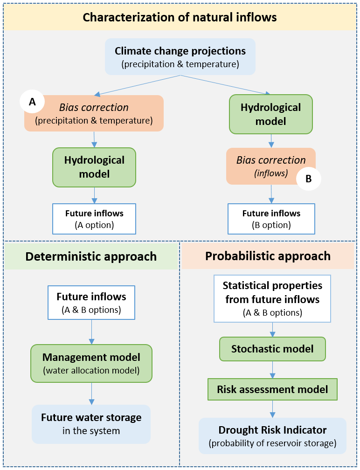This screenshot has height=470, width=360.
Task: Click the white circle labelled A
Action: click(32, 103)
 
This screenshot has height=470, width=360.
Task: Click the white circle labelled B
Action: click(309, 178)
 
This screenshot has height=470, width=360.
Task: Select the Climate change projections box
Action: click(180, 56)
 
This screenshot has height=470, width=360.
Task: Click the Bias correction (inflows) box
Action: click(266, 166)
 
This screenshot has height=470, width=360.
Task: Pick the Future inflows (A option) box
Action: click(94, 219)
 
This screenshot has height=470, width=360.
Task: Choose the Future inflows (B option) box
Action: click(271, 219)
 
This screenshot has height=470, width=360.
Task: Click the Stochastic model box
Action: click(272, 349)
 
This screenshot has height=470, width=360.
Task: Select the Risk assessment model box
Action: click(272, 389)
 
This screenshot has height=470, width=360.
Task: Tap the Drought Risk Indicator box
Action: click(272, 435)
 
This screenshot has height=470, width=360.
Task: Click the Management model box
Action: click(91, 363)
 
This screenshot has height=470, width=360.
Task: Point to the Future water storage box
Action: click(91, 424)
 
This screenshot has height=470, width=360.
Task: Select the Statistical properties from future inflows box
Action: click(272, 298)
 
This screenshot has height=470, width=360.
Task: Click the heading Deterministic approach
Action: click(91, 256)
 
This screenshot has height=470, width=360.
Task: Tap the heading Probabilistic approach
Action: click(268, 256)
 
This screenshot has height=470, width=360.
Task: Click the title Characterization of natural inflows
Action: click(180, 18)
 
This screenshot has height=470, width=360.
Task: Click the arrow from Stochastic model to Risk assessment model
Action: click(272, 369)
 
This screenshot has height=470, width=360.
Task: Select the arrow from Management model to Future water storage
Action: click(91, 394)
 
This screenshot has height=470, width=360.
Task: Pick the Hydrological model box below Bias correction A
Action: click(94, 167)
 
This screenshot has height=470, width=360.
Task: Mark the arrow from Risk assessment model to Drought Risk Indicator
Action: click(272, 409)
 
